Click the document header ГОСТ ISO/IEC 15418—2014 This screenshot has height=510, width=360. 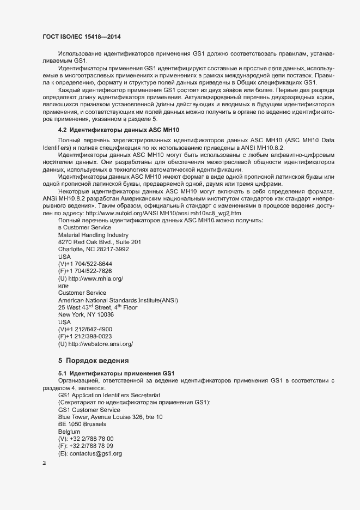tap(82, 37)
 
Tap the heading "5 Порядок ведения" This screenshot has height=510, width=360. tap(93, 360)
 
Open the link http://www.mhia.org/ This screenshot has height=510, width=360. tap(96, 278)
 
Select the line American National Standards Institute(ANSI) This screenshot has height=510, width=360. tap(118, 300)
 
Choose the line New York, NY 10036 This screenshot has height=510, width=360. tap(86, 315)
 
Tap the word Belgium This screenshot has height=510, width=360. tap(69, 432)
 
